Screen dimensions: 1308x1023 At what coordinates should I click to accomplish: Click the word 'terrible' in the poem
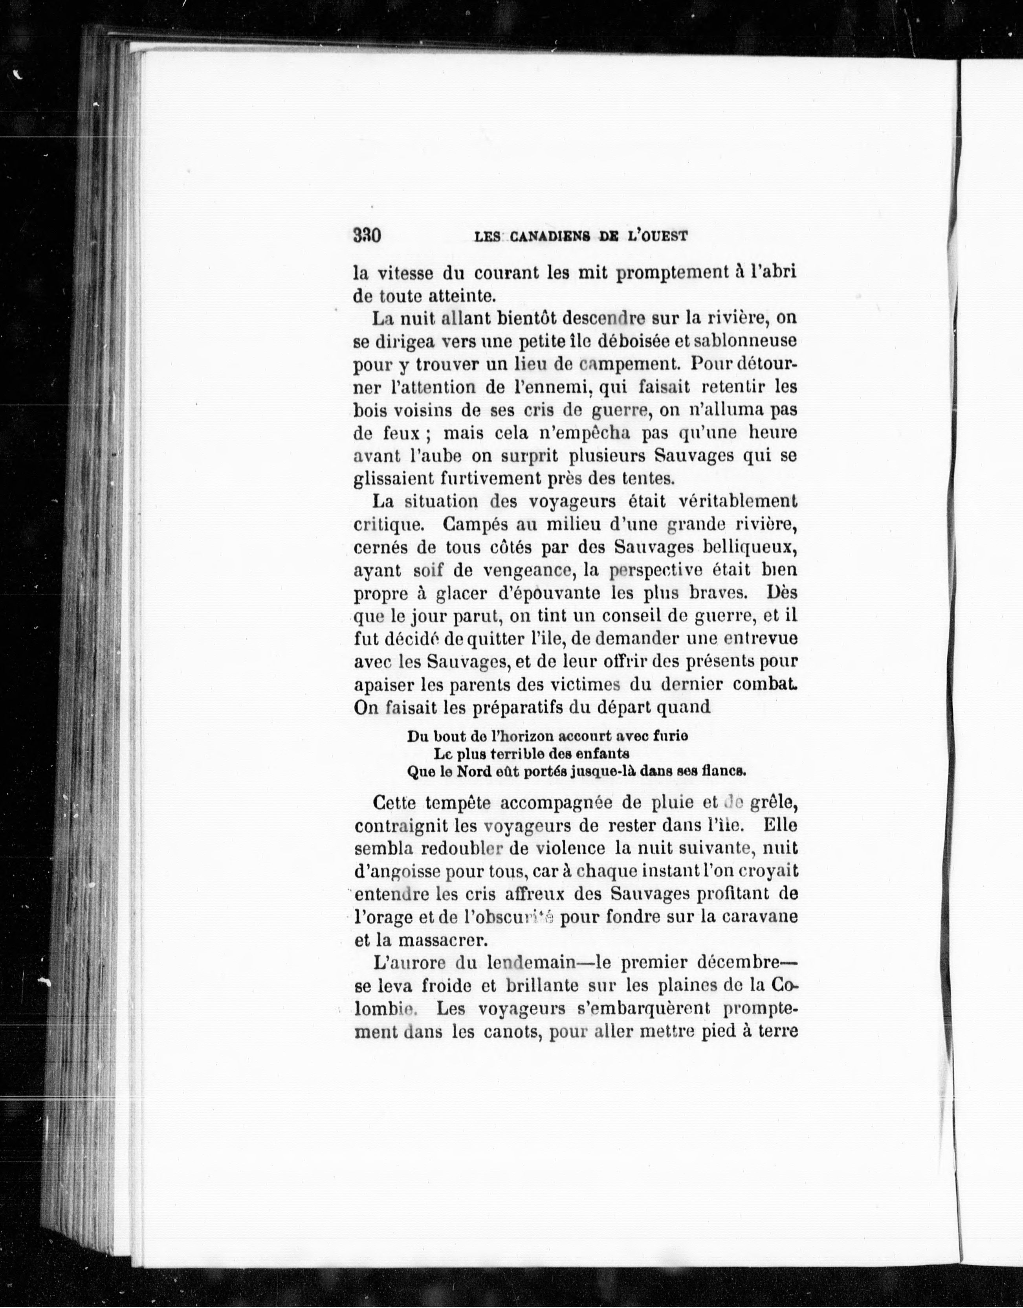[x=517, y=753]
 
